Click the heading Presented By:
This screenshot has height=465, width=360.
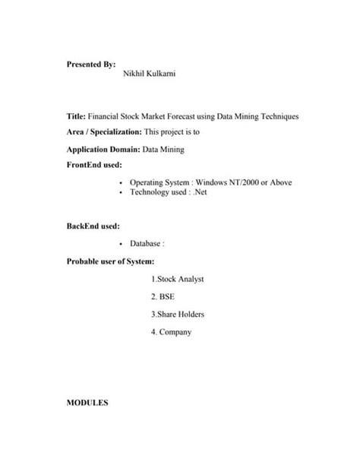click(90, 65)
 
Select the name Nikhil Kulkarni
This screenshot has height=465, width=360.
click(149, 74)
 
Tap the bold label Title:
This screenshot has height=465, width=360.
click(75, 116)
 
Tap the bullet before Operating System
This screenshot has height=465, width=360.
click(122, 183)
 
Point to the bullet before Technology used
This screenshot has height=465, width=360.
click(122, 193)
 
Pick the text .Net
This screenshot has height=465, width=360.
click(201, 192)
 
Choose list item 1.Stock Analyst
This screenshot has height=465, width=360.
click(177, 279)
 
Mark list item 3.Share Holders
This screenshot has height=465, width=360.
click(177, 314)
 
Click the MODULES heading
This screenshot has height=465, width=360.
click(88, 403)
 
